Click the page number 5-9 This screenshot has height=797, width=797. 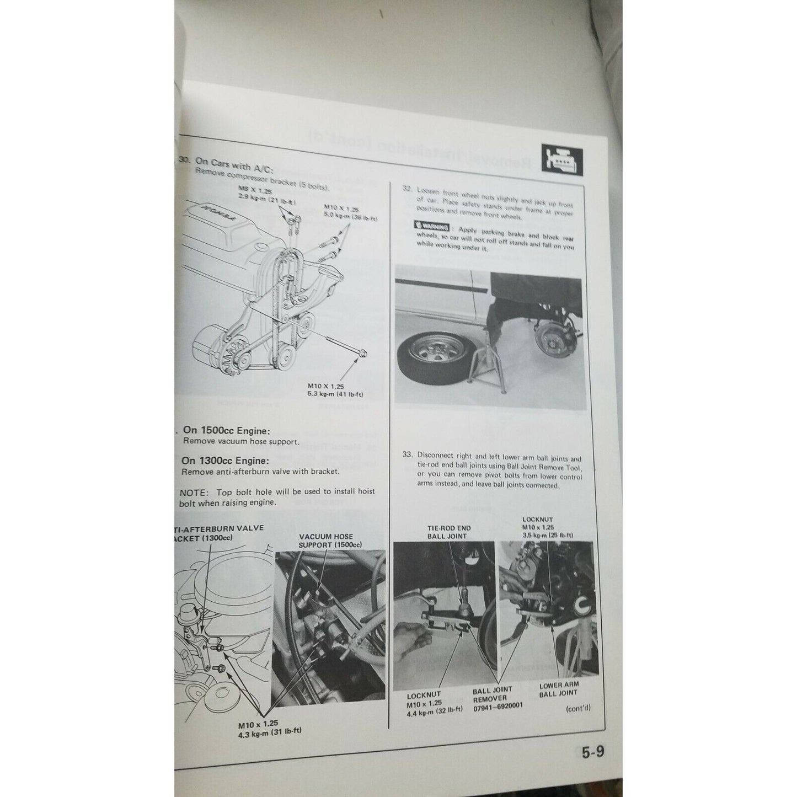point(592,753)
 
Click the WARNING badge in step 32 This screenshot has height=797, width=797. point(432,225)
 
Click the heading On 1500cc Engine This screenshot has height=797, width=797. point(231,431)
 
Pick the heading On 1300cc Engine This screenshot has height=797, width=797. point(226,461)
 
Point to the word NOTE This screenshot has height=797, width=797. point(192,491)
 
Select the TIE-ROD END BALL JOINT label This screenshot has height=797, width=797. point(447,532)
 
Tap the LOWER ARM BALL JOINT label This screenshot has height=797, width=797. point(558,689)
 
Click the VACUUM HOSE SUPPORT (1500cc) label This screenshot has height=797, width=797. point(326,541)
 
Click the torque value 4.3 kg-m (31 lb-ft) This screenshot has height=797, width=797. point(266,731)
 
